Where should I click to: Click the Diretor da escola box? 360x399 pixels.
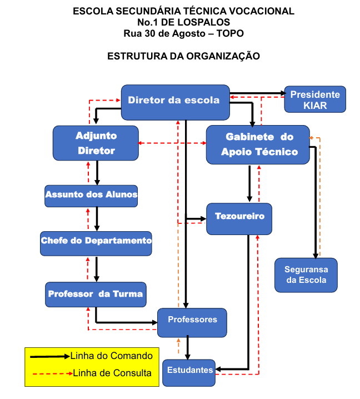point(176,102)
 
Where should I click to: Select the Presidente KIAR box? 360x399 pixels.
point(315,99)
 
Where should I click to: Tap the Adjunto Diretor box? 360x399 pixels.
point(96,143)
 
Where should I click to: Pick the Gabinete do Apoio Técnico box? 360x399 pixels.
point(258,144)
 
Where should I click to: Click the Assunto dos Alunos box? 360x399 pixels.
point(91,196)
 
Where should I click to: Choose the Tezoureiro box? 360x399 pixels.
point(239,219)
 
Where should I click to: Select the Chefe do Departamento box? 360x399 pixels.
point(96,243)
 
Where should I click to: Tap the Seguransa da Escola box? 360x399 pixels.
point(306,275)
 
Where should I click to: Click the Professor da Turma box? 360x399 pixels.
point(96,295)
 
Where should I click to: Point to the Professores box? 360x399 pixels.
point(192,323)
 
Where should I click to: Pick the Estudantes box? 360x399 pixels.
point(189,373)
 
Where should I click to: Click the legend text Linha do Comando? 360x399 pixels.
point(112,356)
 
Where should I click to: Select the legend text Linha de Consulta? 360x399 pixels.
point(112,373)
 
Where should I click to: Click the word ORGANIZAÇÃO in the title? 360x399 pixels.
point(223,56)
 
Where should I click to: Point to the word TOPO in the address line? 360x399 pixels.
point(230,33)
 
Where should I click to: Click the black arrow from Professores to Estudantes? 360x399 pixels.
point(188,347)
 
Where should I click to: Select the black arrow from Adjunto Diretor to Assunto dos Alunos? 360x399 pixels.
point(97,173)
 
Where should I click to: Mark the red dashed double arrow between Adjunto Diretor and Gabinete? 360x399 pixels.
point(172,143)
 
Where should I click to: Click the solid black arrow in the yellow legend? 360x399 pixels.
point(50,357)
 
